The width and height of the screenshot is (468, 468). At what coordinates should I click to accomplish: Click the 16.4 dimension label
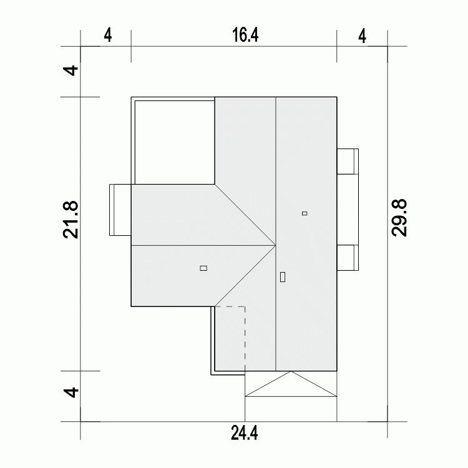coord(245,35)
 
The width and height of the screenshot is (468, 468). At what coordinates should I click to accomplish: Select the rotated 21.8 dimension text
coord(71,219)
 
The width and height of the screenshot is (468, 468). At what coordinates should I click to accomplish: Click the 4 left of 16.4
coord(107,35)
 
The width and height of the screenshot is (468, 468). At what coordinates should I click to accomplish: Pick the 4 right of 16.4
coord(363,35)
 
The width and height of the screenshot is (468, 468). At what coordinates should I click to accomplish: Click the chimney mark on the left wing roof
coord(203,268)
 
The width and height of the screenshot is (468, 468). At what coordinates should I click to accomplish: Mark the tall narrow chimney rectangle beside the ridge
coord(283,276)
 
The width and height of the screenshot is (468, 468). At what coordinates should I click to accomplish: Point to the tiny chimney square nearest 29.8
coord(305,213)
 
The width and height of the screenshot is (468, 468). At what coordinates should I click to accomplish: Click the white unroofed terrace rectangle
coord(173,140)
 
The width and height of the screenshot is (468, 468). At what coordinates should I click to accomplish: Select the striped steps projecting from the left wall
coord(120,210)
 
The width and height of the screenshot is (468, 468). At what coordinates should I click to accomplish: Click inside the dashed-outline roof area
coord(230,337)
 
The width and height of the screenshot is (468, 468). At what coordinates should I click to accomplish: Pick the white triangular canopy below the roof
coord(291,387)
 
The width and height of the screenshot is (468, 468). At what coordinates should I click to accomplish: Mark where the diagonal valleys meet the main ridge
coord(276,245)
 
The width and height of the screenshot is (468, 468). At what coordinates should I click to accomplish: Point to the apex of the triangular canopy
coord(291,372)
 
